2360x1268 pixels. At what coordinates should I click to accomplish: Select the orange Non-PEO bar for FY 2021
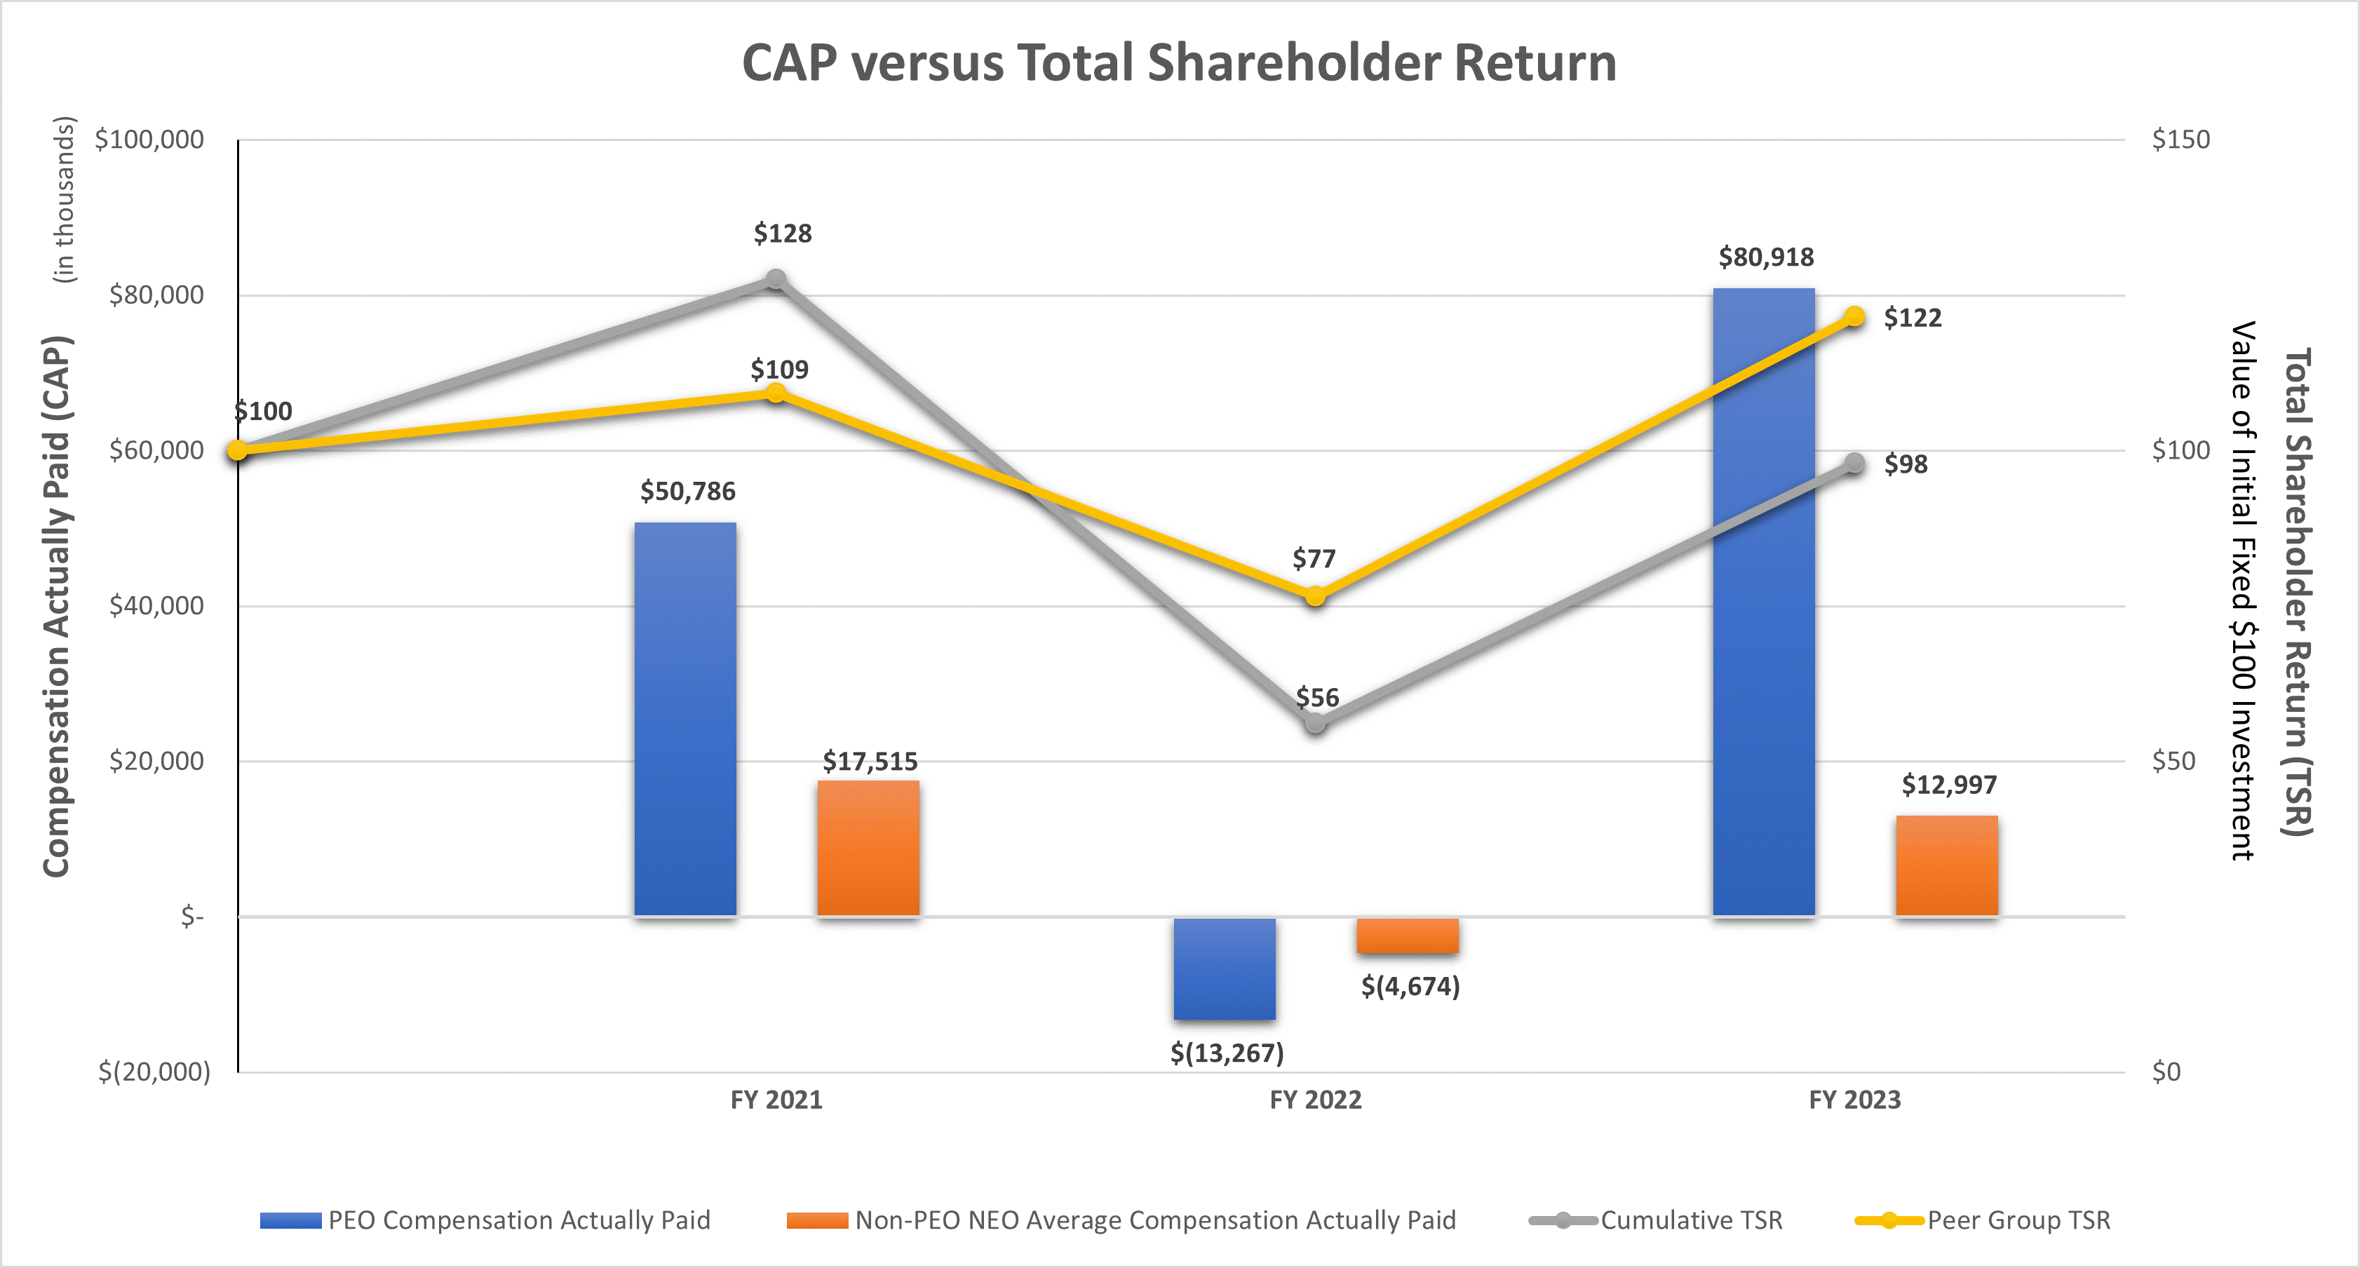pos(868,847)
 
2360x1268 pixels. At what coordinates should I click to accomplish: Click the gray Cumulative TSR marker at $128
pos(776,279)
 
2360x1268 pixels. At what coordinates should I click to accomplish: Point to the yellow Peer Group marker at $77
pos(1315,596)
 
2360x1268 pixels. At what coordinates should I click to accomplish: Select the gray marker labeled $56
pos(1315,724)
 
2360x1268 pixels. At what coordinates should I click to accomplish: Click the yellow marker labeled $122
pos(1854,317)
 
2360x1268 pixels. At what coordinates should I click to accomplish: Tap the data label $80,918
pos(1765,257)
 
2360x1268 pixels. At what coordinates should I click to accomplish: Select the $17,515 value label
pos(870,762)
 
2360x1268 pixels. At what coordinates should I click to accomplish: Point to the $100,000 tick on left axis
pos(149,140)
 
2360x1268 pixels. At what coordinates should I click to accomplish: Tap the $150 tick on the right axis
pos(2180,140)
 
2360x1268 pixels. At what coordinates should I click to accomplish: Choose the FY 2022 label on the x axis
pos(1315,1100)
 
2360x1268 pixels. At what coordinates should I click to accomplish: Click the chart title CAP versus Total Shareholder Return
pos(1179,63)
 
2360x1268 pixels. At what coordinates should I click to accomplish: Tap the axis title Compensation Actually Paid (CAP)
pos(57,605)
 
